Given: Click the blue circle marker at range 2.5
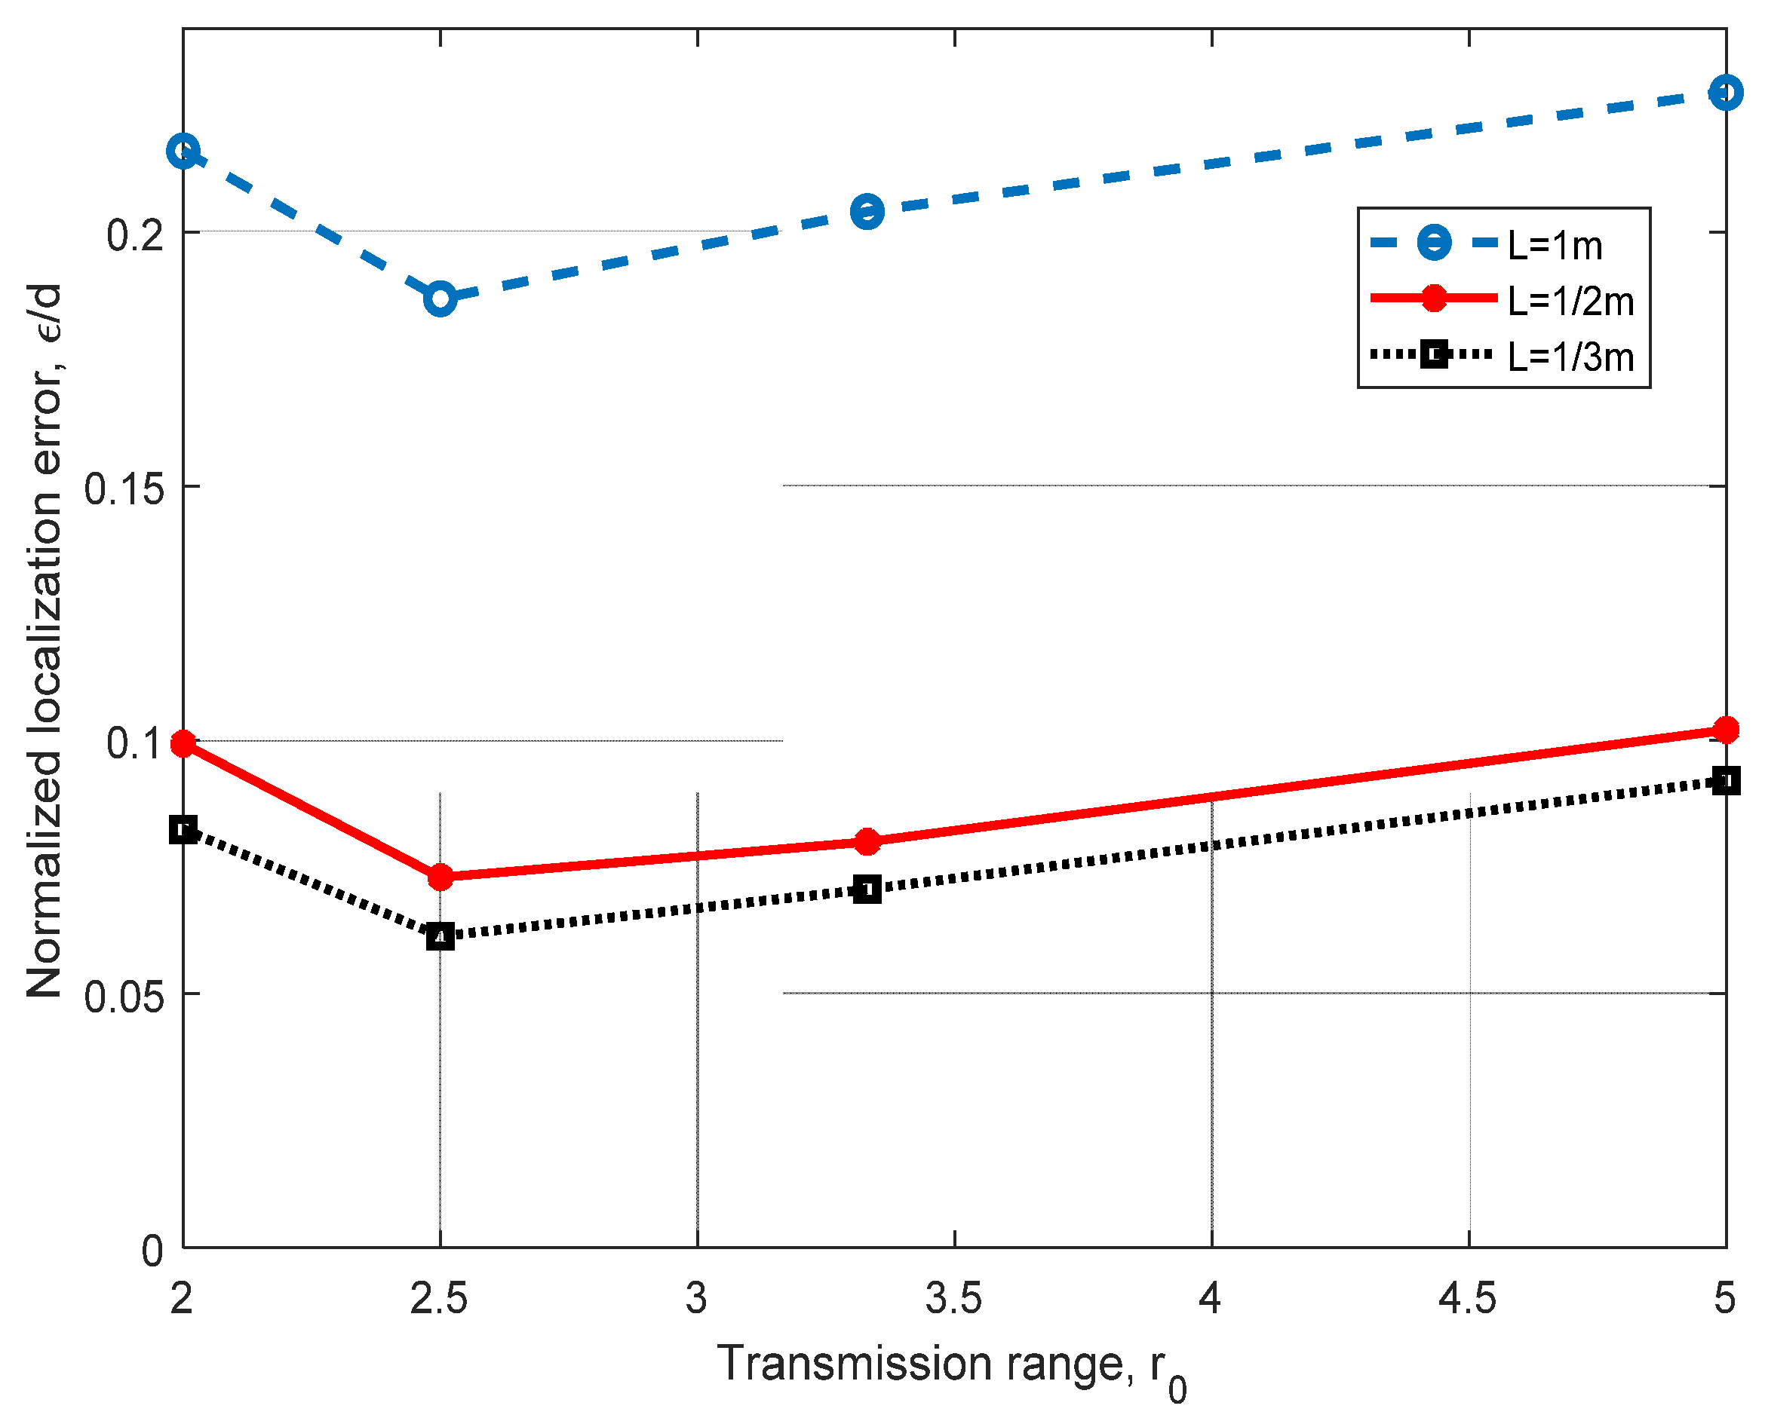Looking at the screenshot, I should (440, 299).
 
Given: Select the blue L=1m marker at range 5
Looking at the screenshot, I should (1726, 93).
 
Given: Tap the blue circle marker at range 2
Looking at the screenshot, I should (183, 151).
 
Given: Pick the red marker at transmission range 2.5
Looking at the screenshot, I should (440, 877).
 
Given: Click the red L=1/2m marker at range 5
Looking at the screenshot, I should (1726, 729).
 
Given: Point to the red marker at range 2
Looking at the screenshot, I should (183, 744).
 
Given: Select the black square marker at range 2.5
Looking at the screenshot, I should (440, 936).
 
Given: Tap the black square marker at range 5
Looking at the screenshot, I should (1726, 781).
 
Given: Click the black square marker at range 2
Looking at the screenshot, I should (183, 830).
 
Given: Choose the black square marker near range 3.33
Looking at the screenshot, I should (867, 890).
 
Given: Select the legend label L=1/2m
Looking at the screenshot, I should (1570, 301).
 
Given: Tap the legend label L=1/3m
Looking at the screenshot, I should (1570, 357).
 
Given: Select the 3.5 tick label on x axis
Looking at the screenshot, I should (953, 1300).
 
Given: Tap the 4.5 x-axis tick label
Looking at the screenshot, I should (1467, 1300).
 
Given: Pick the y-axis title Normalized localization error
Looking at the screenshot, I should (45, 640).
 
